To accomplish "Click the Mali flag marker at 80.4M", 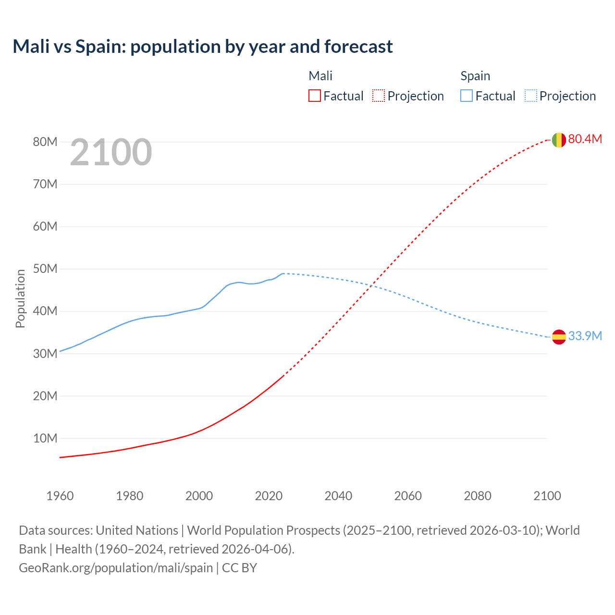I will (x=558, y=140).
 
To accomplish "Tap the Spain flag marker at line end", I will (x=558, y=337).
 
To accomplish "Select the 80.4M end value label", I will (x=585, y=139).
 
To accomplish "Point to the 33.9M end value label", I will (x=585, y=336).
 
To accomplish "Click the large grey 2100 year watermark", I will (x=111, y=152).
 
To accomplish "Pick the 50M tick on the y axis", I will (x=45, y=269).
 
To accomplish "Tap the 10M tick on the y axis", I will (x=45, y=439).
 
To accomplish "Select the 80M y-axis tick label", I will (x=45, y=142).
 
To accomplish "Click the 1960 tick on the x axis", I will (x=60, y=496).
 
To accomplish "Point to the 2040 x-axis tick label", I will (x=338, y=496).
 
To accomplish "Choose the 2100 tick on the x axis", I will (x=547, y=496).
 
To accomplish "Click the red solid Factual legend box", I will (x=314, y=96).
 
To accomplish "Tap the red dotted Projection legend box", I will (x=379, y=96).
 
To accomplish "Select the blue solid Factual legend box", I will (x=467, y=96).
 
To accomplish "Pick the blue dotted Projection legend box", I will (x=531, y=96).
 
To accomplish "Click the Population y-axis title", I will (x=20, y=298).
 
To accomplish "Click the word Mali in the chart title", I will (x=31, y=47).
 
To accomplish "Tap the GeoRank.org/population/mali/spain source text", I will (x=116, y=568).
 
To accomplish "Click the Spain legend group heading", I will (x=475, y=76).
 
